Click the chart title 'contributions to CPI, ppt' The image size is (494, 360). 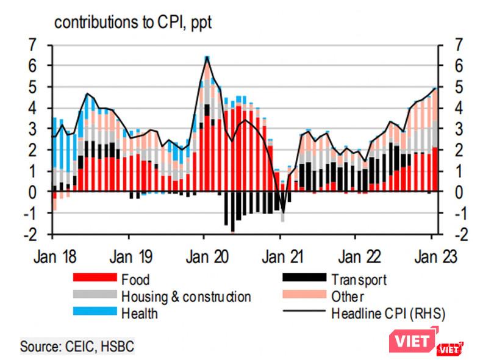pyautogui.click(x=132, y=23)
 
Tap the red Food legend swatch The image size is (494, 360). pyautogui.click(x=94, y=280)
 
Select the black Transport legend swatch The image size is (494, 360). pyautogui.click(x=303, y=280)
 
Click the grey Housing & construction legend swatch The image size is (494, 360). pyautogui.click(x=94, y=297)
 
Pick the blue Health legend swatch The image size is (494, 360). pyautogui.click(x=94, y=313)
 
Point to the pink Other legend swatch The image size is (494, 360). pyautogui.click(x=303, y=297)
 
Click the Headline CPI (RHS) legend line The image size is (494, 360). pyautogui.click(x=303, y=313)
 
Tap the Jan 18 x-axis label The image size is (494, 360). pyautogui.click(x=55, y=256)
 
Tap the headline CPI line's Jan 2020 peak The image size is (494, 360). pyautogui.click(x=207, y=57)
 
